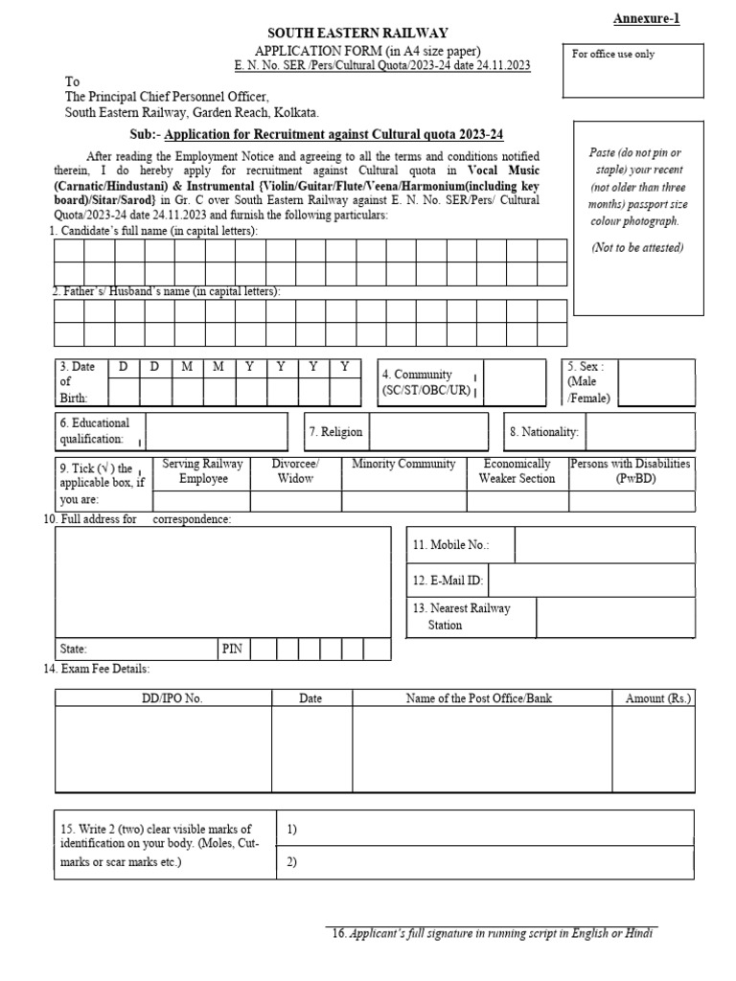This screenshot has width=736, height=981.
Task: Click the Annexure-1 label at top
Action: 646,18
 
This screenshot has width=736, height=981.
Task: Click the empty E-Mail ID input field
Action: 591,580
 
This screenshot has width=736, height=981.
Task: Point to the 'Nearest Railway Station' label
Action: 462,616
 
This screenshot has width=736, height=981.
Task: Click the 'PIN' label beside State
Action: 232,649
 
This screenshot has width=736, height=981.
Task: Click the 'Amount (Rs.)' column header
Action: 657,698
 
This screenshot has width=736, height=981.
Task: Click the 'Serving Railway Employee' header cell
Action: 202,471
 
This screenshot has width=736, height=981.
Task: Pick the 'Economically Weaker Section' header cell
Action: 517,471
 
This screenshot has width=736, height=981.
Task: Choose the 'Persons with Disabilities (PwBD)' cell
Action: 631,471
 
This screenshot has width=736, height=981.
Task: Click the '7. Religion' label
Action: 335,432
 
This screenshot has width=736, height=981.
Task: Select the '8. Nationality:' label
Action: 544,432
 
